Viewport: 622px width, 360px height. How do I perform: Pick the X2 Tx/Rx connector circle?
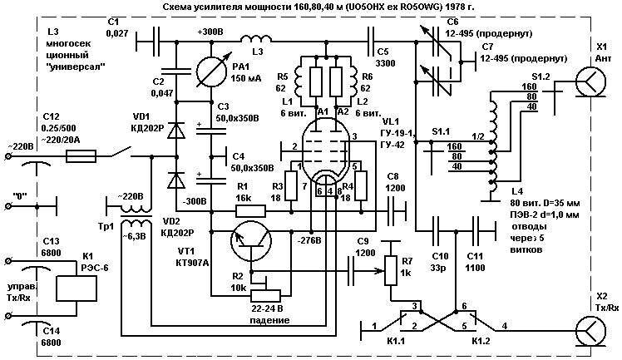pos(593,330)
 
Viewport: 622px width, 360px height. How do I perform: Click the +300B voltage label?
pos(213,31)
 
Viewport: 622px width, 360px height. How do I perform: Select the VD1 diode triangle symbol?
pos(175,131)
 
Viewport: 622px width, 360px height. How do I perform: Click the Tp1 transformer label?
pos(105,225)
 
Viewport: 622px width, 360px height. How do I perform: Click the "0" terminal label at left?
pos(27,196)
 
